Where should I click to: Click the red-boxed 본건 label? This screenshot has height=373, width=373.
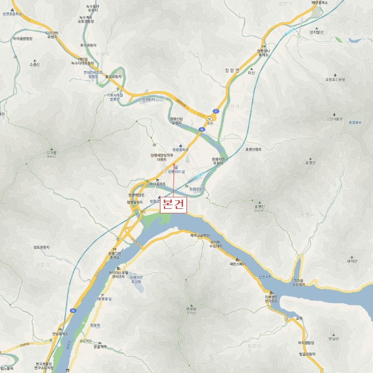point(174,205)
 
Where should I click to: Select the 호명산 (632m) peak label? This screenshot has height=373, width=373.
point(260,207)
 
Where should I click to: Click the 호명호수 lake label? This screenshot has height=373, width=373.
point(355,122)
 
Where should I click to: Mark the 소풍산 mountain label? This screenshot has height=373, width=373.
point(35,64)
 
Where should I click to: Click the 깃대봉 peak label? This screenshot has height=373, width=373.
point(51,153)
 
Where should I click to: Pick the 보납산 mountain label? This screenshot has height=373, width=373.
point(333,338)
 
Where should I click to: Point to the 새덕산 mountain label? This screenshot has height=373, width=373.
point(351,261)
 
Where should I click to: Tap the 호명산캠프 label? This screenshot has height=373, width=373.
point(253,149)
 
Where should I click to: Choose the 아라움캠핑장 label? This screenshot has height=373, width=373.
point(22,38)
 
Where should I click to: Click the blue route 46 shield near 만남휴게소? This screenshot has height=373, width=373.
point(72,310)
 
